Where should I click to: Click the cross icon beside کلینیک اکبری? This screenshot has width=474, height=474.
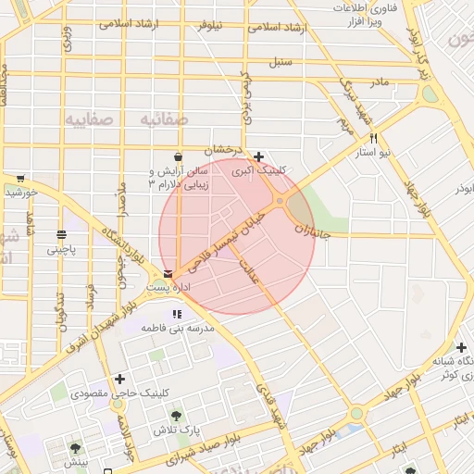click(x=258, y=156)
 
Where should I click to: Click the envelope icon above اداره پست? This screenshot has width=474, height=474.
click(x=168, y=274)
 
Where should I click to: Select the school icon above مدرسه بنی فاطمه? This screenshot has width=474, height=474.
click(x=177, y=314)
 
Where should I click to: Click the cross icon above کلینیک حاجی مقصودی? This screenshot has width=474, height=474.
click(x=119, y=379)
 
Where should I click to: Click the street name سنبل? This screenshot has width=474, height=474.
click(x=281, y=64)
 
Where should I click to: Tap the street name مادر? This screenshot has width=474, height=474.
click(x=380, y=82)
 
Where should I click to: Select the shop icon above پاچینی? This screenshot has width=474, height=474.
click(x=61, y=234)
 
